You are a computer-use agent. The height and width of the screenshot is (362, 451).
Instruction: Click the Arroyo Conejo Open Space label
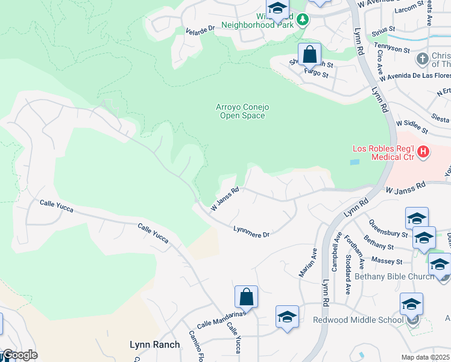[242, 111]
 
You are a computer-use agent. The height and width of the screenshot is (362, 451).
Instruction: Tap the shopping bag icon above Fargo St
[309, 55]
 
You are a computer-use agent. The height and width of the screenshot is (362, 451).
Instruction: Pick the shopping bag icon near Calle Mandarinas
[246, 297]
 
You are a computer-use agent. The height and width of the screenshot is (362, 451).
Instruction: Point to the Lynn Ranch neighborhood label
[155, 345]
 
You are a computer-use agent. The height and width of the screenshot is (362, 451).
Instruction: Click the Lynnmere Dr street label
[251, 231]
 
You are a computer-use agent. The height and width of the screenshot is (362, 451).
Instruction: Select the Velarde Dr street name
[200, 30]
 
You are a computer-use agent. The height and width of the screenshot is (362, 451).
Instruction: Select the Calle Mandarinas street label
[221, 319]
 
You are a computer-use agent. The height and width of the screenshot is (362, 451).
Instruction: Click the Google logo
[19, 355]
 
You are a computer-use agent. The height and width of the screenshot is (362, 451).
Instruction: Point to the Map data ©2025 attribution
[426, 357]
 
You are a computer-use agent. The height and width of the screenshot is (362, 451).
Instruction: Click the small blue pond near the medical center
[355, 162]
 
